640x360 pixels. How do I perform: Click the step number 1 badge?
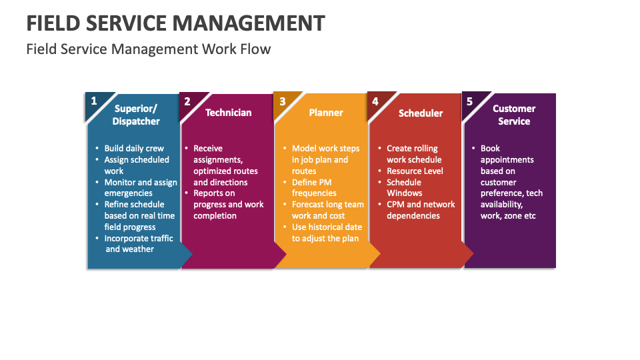coord(94,101)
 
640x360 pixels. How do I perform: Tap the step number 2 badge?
coord(187,102)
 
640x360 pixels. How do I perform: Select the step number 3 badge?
coord(282,102)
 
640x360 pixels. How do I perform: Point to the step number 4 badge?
coord(375,102)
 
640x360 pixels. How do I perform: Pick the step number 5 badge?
coord(469,102)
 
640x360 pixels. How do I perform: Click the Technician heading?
coord(229,113)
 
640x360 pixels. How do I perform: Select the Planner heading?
coord(326,113)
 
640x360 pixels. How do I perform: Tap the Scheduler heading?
coord(421,113)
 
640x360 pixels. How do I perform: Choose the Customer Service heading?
coord(514,115)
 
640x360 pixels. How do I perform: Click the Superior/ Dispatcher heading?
coord(136,115)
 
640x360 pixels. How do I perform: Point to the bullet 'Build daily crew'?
coord(134,149)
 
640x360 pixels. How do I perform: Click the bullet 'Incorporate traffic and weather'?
coord(138,243)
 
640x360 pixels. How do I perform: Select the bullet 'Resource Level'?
coord(415,171)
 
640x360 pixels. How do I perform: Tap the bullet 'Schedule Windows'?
coord(404,187)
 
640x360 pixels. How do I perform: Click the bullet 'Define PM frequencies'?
coord(314,187)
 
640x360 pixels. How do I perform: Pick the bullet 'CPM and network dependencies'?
coord(420,210)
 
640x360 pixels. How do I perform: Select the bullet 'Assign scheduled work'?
coord(137,165)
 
